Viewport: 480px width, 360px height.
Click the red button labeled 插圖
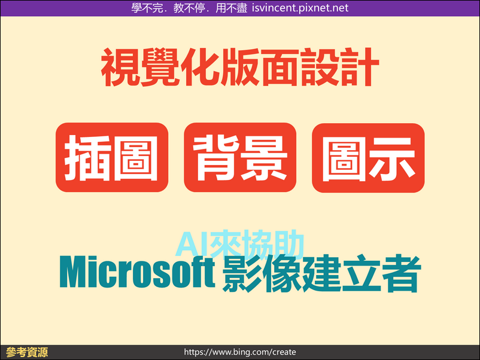coord(112,157)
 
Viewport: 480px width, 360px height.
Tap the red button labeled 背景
coord(240,157)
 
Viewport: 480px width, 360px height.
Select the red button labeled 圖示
coord(368,157)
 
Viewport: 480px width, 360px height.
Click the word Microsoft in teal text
coord(138,272)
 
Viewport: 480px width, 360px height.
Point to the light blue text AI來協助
coord(239,244)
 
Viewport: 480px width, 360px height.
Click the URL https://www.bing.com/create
coord(240,352)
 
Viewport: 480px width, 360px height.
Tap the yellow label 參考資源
coord(27,352)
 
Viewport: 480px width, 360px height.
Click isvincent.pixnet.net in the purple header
coord(300,8)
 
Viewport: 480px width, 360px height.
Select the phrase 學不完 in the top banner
coord(147,8)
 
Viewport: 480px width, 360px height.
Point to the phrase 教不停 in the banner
coord(189,8)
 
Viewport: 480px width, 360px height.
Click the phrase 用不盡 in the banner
coord(231,8)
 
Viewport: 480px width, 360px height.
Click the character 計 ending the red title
coord(360,67)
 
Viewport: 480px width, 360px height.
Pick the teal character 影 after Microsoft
coord(242,273)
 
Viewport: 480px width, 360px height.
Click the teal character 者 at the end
coord(402,273)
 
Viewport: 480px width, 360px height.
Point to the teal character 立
coord(361,273)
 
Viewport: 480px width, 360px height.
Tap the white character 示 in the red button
coord(393,158)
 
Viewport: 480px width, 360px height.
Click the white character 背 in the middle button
coord(217,157)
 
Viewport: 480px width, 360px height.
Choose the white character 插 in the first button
coord(87,157)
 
